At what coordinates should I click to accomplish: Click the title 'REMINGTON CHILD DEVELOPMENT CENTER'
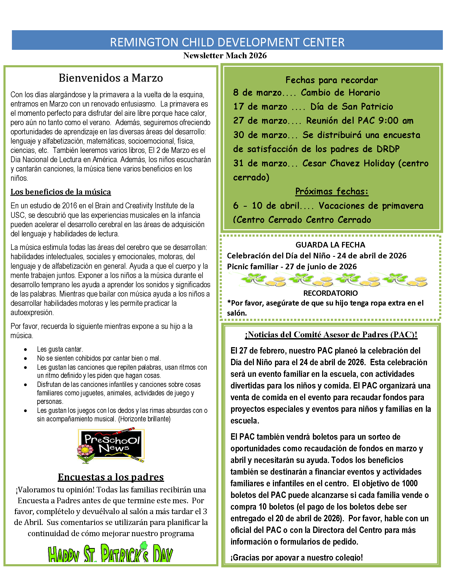(227, 42)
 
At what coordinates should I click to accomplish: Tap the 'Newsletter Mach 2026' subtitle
(225, 56)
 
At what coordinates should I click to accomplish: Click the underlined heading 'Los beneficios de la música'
(61, 192)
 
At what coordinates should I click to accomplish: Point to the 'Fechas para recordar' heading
(331, 80)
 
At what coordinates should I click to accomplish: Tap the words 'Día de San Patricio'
(352, 107)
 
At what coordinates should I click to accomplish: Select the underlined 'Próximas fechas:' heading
(332, 191)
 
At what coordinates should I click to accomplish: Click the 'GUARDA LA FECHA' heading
(330, 245)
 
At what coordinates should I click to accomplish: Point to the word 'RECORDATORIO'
(331, 293)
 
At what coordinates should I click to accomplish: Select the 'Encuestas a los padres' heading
(111, 477)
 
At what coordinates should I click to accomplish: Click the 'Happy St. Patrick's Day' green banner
(110, 554)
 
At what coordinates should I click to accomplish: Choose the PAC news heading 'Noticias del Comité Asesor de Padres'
(331, 335)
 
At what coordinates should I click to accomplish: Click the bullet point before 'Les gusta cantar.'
(25, 350)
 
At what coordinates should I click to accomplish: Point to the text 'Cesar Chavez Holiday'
(348, 163)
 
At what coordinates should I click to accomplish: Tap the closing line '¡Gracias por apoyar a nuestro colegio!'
(296, 557)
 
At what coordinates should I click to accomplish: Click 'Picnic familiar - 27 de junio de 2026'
(292, 266)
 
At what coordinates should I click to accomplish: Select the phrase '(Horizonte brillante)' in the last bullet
(144, 419)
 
